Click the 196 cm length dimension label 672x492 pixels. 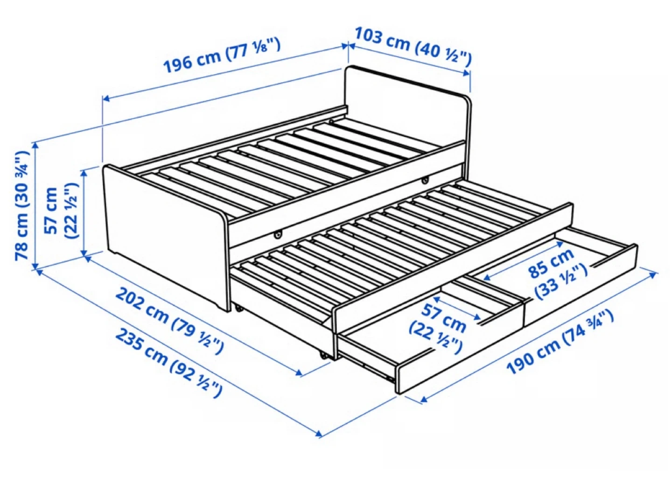pos(223,56)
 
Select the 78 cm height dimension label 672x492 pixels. pos(23,205)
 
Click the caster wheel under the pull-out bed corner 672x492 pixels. pos(324,356)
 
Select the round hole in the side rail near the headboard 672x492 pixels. pos(425,180)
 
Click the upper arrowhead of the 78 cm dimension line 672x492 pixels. pos(35,146)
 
